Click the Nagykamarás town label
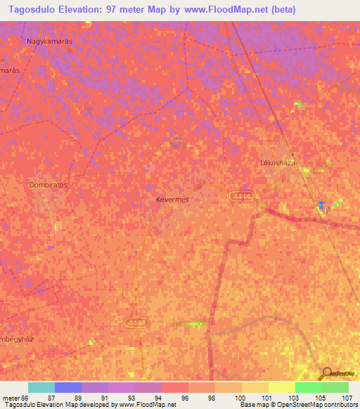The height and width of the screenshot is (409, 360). (x=50, y=41)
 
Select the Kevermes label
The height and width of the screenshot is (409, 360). (x=172, y=200)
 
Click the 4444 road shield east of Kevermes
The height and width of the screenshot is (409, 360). (x=241, y=199)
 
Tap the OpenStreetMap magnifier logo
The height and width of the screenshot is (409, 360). (x=328, y=374)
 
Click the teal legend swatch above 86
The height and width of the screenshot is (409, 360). (x=41, y=387)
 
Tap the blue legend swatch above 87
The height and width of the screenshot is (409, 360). (x=68, y=387)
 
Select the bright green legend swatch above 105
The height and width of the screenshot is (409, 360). (x=309, y=387)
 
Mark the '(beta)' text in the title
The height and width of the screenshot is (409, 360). (x=281, y=10)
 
